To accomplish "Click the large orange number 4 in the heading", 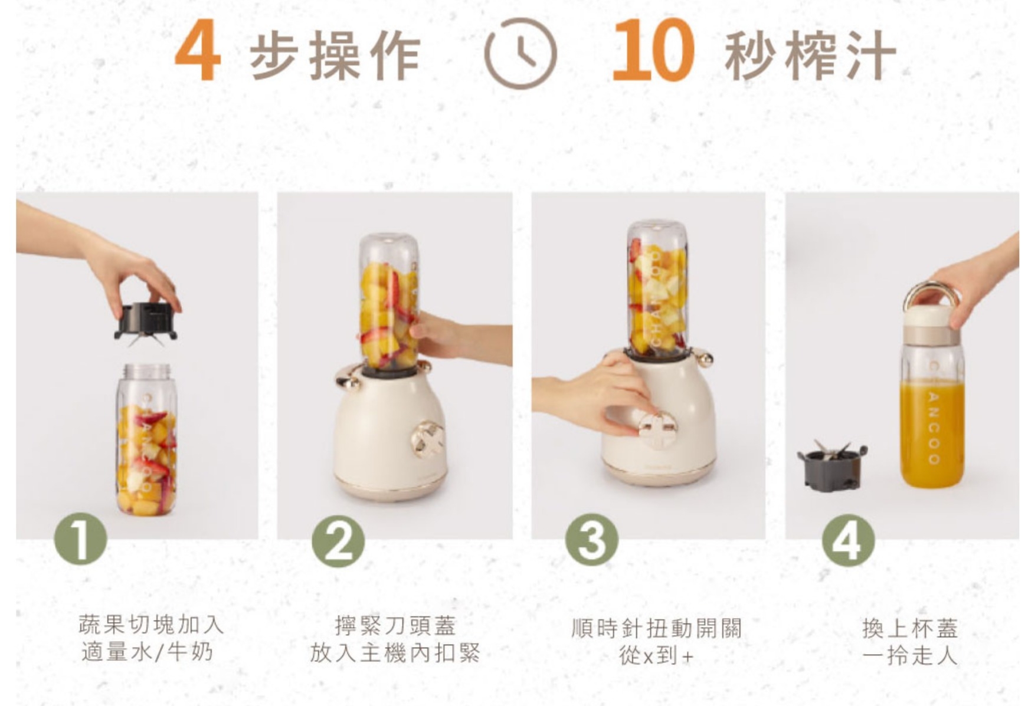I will (198, 51).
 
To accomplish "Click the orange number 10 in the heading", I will (653, 51).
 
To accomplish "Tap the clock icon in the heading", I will (520, 54).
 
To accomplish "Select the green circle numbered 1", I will (80, 538).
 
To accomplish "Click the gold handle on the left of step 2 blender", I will (348, 377).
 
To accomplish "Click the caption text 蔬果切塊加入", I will (152, 624).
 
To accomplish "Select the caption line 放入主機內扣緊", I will (395, 654).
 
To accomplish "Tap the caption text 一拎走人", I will (909, 655).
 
